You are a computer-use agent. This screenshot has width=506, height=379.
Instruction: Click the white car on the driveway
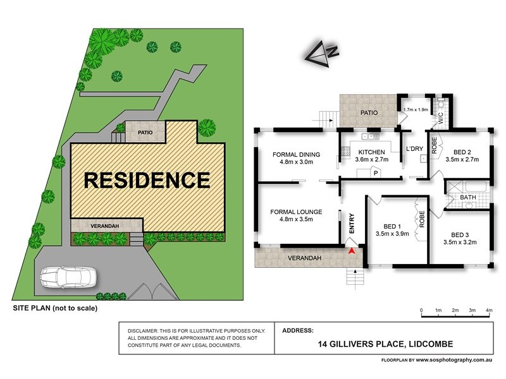68,277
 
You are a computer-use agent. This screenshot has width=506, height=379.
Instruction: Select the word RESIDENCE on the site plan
147,180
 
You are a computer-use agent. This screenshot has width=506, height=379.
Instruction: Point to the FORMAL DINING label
296,155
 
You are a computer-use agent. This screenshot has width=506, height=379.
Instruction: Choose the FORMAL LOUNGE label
296,211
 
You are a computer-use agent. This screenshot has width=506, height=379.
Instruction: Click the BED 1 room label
392,226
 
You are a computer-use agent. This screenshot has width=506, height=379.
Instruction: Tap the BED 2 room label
462,152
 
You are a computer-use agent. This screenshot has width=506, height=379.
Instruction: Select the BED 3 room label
459,233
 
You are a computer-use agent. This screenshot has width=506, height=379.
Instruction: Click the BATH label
468,197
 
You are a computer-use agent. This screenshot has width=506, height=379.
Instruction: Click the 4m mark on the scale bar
489,310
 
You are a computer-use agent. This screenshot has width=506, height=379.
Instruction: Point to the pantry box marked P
375,172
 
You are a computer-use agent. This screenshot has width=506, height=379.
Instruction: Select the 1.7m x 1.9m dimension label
416,109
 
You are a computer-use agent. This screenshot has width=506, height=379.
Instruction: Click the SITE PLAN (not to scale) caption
56,308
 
